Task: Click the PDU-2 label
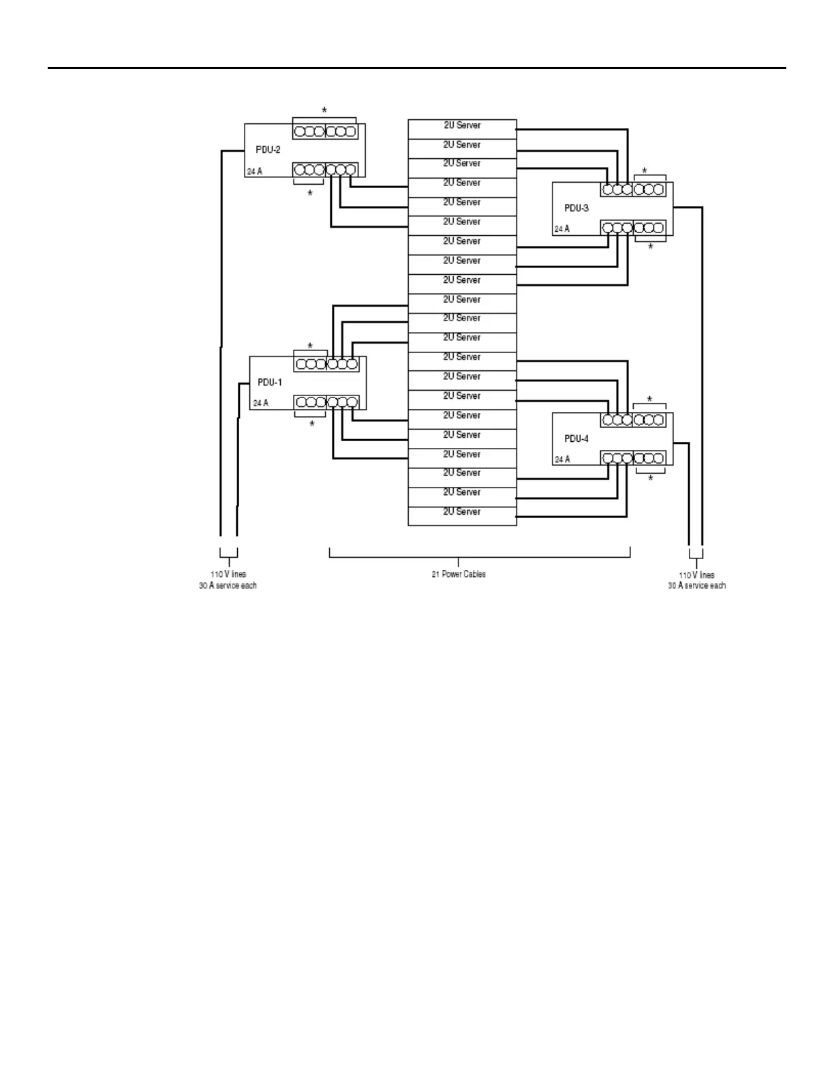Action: (268, 149)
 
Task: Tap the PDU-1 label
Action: (269, 382)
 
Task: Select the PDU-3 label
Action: (576, 208)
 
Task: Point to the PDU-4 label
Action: (576, 439)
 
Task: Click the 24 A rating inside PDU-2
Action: (254, 172)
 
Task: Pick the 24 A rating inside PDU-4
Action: (562, 460)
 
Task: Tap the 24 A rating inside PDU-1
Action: (260, 403)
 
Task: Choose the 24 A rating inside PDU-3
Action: (562, 229)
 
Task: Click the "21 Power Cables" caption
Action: (459, 574)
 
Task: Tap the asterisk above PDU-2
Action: (324, 110)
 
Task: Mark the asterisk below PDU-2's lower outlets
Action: (310, 194)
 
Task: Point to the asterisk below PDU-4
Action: (651, 479)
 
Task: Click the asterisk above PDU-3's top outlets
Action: (645, 171)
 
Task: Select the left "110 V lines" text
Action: (228, 574)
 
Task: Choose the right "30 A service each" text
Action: (696, 586)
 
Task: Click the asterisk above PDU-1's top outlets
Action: (310, 346)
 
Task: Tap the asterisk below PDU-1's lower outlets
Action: (312, 425)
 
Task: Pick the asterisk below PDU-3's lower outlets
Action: (651, 247)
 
